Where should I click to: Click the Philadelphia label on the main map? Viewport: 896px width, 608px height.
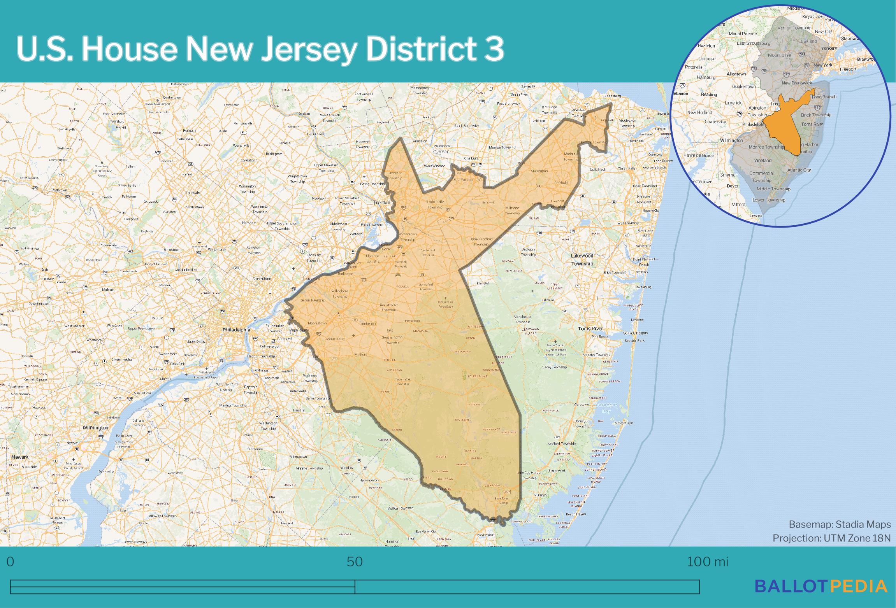click(236, 329)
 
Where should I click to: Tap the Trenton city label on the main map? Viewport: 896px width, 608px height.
click(381, 203)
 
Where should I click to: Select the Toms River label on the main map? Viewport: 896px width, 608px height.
click(590, 328)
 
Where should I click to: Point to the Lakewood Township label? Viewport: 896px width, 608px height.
click(582, 259)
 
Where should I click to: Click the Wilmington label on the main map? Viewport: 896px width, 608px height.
click(95, 428)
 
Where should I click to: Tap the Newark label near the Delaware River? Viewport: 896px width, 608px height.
click(20, 457)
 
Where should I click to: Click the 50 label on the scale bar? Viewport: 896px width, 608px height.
click(355, 562)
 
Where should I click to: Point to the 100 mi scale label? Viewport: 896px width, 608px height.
click(707, 562)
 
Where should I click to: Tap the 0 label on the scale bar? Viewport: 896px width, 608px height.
click(11, 562)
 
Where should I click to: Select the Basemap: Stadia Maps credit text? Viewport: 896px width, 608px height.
click(840, 524)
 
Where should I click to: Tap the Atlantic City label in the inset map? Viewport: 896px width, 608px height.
click(799, 170)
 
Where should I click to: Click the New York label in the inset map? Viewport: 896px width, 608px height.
click(823, 65)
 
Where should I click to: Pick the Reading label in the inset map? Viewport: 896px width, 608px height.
click(709, 95)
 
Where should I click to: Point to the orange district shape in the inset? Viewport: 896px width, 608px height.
click(782, 128)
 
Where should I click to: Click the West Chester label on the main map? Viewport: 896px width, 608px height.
click(74, 326)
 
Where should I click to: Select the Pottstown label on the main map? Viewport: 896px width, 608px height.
click(60, 190)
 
